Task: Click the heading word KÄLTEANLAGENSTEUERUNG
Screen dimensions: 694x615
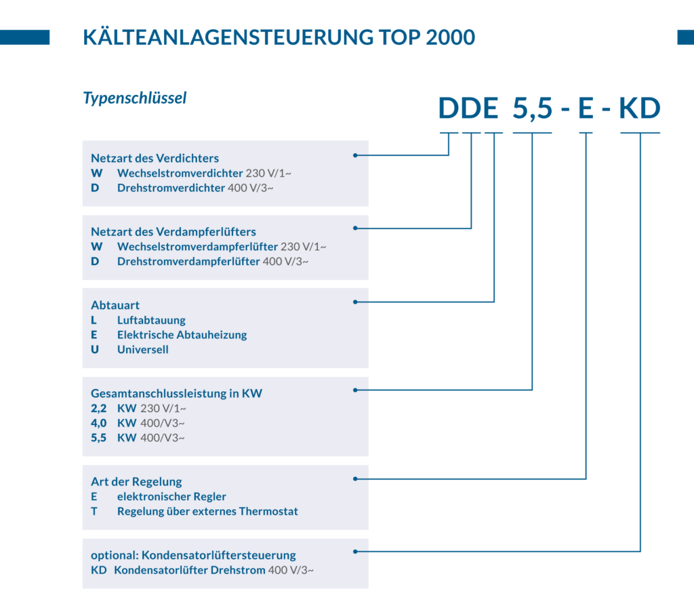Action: point(228,37)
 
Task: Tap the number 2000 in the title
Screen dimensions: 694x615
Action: point(450,37)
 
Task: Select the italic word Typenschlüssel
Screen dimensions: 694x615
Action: point(135,98)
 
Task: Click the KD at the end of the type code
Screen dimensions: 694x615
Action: point(640,108)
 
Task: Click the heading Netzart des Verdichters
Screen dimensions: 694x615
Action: point(155,158)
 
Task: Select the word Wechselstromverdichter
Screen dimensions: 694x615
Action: point(180,173)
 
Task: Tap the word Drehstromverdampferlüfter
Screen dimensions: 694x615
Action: point(188,262)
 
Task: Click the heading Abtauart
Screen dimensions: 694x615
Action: point(115,305)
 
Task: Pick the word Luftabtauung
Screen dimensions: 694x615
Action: point(151,320)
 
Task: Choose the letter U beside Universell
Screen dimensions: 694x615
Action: point(95,349)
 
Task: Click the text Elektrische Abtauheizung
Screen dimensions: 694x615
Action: point(182,335)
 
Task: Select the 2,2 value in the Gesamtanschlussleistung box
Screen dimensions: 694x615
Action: point(99,408)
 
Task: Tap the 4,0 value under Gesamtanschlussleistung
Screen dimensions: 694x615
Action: point(99,423)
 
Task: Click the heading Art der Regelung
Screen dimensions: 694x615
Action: point(136,481)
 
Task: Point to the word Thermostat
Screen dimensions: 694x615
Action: point(268,511)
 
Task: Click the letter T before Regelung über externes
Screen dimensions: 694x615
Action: point(94,511)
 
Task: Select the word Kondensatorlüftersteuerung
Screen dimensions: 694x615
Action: point(219,555)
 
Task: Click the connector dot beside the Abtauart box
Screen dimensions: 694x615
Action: point(355,302)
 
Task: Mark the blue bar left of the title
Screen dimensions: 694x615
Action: point(25,37)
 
